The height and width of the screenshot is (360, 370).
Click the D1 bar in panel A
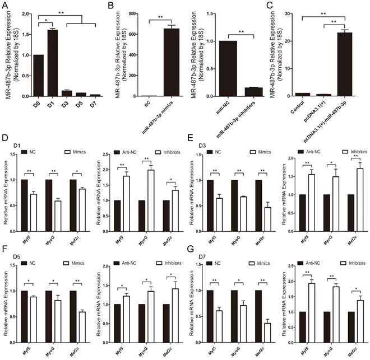tap(52, 63)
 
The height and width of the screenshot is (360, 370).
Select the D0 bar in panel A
tap(38, 75)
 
